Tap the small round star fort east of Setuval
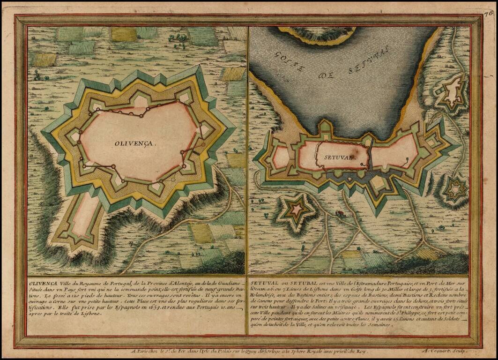pos(455,190)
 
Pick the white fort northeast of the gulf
pos(453,93)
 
